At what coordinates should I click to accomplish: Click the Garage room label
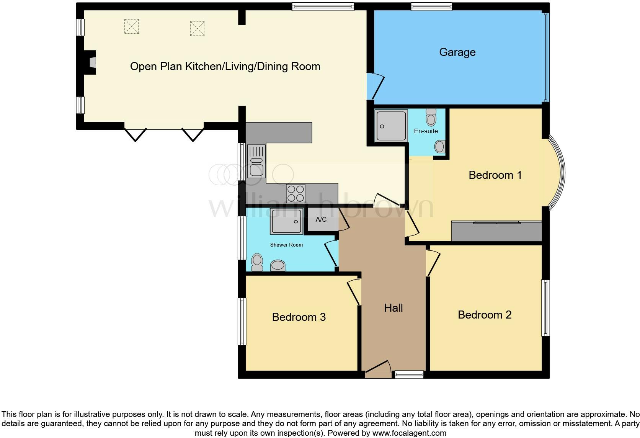[x=457, y=52]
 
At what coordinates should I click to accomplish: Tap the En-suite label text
[x=426, y=131]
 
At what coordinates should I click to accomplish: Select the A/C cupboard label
[x=321, y=219]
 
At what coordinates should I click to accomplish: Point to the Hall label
[x=393, y=308]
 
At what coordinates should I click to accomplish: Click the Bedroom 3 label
[x=299, y=317]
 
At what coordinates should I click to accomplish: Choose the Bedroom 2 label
[x=484, y=315]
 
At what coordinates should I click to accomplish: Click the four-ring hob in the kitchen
[x=296, y=193]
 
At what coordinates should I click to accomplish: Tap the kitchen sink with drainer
[x=256, y=161]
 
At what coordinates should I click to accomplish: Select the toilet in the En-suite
[x=431, y=118]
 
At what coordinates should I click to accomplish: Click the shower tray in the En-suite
[x=391, y=126]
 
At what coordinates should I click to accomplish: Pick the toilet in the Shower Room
[x=257, y=262]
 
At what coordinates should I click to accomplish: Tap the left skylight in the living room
[x=131, y=26]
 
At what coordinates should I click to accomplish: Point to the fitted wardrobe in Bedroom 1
[x=496, y=231]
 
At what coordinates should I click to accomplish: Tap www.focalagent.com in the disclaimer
[x=409, y=433]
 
